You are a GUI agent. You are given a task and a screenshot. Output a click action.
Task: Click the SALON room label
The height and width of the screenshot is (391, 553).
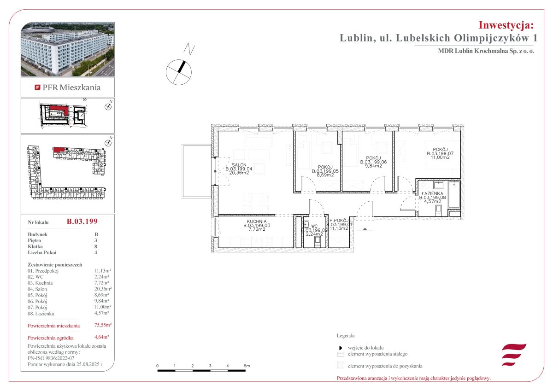click(x=239, y=164)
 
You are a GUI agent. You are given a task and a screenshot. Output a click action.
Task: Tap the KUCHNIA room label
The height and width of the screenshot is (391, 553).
click(x=257, y=221)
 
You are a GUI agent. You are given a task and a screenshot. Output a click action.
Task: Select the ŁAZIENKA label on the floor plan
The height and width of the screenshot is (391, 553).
click(x=432, y=193)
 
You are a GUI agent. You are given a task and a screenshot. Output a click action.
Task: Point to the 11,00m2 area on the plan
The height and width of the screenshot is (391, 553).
click(x=440, y=157)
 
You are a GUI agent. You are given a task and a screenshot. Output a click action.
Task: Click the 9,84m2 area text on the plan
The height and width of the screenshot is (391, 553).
click(x=374, y=166)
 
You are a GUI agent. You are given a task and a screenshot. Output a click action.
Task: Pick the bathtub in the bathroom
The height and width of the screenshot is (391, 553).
click(x=454, y=195)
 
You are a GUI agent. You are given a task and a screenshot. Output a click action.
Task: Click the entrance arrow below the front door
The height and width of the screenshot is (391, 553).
click(x=365, y=229)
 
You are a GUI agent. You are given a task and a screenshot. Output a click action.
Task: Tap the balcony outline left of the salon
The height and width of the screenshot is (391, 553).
click(x=196, y=171)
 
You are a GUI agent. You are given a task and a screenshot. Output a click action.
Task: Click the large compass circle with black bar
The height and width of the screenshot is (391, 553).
click(x=178, y=72)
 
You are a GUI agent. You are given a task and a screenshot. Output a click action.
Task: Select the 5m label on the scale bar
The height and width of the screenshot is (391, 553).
click(x=247, y=366)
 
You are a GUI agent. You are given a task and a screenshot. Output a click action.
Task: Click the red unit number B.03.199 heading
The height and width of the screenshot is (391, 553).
click(x=82, y=221)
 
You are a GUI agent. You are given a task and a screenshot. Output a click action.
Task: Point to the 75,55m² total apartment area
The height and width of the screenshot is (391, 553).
click(x=103, y=325)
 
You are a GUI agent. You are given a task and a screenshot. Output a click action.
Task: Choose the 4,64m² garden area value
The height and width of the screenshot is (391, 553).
click(x=102, y=337)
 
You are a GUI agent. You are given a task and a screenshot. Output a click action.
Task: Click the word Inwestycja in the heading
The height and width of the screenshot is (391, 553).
click(x=506, y=25)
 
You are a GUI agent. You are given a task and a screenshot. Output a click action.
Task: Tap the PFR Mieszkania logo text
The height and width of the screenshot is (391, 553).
click(x=71, y=88)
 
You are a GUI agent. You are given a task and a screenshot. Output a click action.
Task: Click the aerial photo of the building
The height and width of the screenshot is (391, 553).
click(x=68, y=49)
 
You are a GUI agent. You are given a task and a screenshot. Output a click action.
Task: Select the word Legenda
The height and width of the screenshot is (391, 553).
click(x=346, y=335)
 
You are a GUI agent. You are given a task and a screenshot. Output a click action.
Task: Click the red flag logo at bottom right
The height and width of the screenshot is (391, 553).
click(x=514, y=355)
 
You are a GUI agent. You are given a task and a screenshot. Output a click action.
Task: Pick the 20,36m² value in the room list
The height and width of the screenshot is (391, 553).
click(x=103, y=289)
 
